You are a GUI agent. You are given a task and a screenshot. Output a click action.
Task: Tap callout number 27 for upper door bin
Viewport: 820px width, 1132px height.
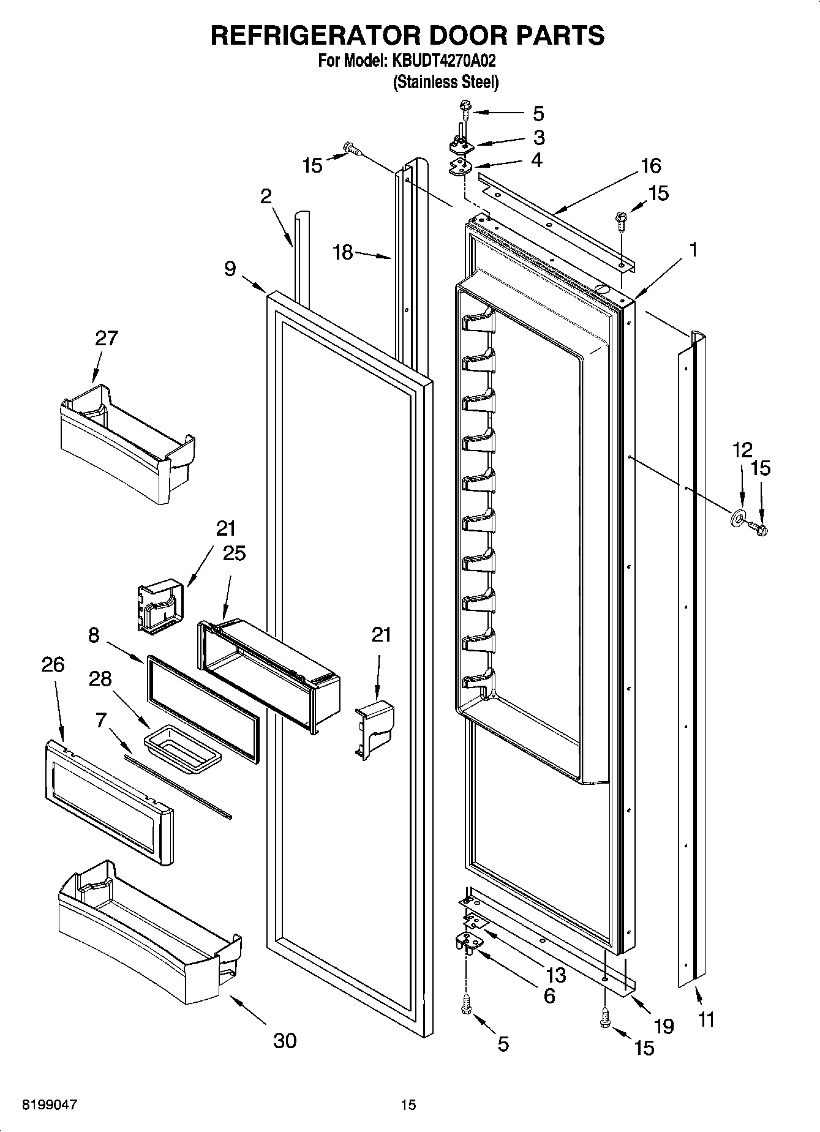pyautogui.click(x=106, y=338)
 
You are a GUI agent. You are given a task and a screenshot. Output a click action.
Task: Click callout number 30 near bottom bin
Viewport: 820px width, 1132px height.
pyautogui.click(x=285, y=1040)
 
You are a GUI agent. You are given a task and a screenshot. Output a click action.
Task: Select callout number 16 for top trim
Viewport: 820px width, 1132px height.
pyautogui.click(x=651, y=165)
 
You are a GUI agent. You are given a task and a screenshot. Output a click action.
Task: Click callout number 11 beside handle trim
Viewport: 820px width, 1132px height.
pyautogui.click(x=706, y=1019)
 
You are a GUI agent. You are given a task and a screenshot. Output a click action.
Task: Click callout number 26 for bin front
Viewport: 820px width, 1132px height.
pyautogui.click(x=53, y=664)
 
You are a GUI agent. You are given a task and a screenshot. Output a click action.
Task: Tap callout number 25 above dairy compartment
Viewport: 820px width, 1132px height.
pyautogui.click(x=234, y=553)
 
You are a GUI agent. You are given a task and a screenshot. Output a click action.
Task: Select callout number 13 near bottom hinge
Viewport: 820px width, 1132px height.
pyautogui.click(x=556, y=975)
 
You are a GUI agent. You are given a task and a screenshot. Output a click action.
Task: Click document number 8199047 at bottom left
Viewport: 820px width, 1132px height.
pyautogui.click(x=50, y=1105)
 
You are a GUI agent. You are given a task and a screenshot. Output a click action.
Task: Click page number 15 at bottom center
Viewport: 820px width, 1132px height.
pyautogui.click(x=408, y=1105)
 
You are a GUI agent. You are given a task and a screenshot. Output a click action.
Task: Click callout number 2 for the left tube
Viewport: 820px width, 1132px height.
pyautogui.click(x=265, y=196)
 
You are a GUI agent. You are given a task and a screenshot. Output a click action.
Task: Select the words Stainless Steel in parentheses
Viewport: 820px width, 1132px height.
pyautogui.click(x=445, y=81)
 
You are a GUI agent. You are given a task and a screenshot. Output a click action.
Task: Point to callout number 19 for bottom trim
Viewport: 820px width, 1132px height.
pyautogui.click(x=663, y=1025)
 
